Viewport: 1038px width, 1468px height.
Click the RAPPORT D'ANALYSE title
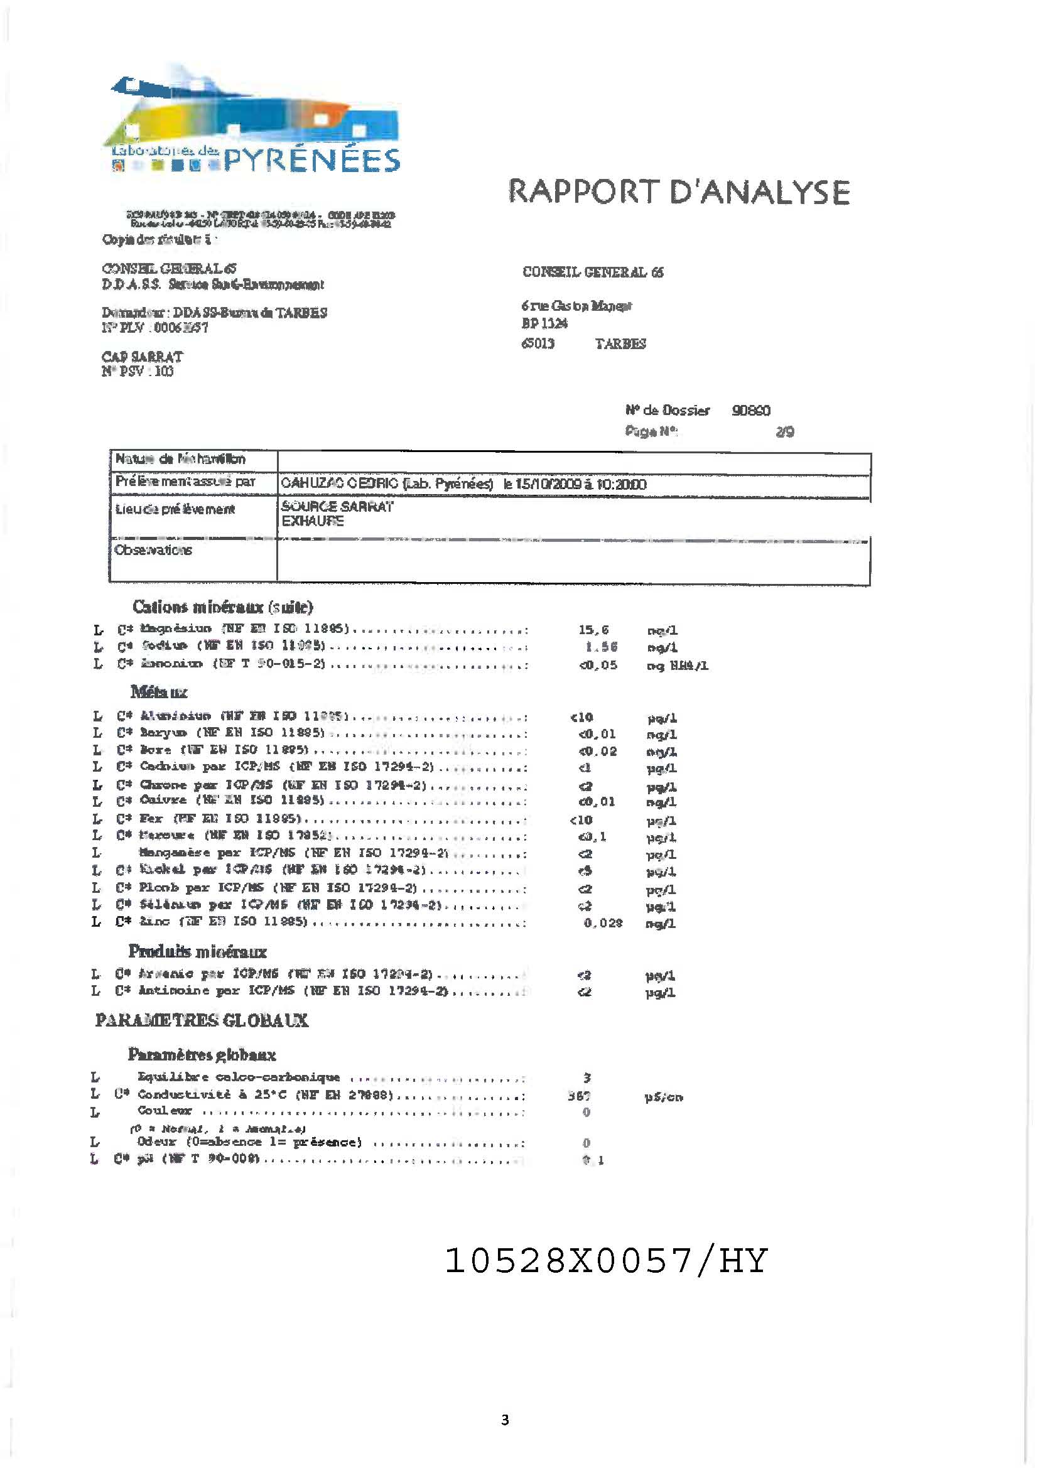[x=679, y=192]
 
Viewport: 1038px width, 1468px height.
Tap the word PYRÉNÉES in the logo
[x=311, y=160]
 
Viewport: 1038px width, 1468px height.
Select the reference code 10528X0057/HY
[x=605, y=1260]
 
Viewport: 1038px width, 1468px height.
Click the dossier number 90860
[x=751, y=411]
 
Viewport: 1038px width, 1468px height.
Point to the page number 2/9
[x=785, y=432]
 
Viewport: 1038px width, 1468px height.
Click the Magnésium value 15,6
[x=593, y=630]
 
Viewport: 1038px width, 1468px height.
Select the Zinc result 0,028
[x=602, y=922]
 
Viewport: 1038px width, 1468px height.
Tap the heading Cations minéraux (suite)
[x=222, y=606]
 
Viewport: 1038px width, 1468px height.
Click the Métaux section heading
[x=159, y=692]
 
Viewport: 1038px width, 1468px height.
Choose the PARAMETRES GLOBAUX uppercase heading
[x=202, y=1020]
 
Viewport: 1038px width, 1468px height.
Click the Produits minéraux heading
[x=197, y=951]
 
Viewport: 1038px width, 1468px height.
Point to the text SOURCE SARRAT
[x=337, y=506]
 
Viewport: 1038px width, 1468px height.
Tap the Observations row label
[x=153, y=550]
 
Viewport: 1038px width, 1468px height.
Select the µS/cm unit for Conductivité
[x=663, y=1097]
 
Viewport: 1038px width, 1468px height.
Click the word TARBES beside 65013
[x=620, y=344]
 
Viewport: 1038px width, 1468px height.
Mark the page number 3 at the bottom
[x=505, y=1420]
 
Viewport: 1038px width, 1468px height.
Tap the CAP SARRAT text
[x=142, y=357]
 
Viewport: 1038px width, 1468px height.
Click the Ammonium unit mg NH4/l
[x=678, y=666]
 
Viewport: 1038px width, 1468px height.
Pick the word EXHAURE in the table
[x=313, y=521]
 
